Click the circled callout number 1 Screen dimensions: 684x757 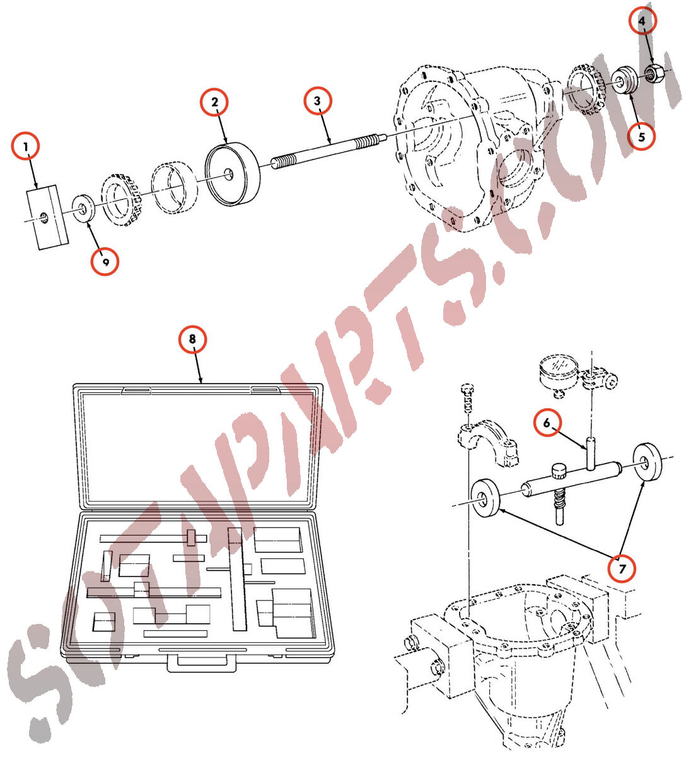pyautogui.click(x=25, y=146)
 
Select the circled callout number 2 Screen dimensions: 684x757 pyautogui.click(x=214, y=102)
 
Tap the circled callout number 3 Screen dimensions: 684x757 pyautogui.click(x=318, y=101)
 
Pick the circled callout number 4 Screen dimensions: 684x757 pyautogui.click(x=642, y=20)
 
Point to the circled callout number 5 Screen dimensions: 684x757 pyautogui.click(x=642, y=136)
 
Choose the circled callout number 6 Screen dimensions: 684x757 pyautogui.click(x=547, y=423)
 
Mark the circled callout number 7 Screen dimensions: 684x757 pyautogui.click(x=622, y=568)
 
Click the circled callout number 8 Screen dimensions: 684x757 pyautogui.click(x=192, y=339)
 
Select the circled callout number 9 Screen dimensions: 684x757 pyautogui.click(x=105, y=261)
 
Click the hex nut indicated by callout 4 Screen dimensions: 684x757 pyautogui.click(x=652, y=73)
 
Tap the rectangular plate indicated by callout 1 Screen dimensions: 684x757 pyautogui.click(x=47, y=217)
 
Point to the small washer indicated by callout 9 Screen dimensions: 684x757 pyautogui.click(x=83, y=208)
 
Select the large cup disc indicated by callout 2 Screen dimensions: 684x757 pyautogui.click(x=233, y=174)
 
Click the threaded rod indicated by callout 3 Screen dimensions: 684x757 pyautogui.click(x=328, y=150)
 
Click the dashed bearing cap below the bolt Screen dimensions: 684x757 pyautogui.click(x=487, y=442)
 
